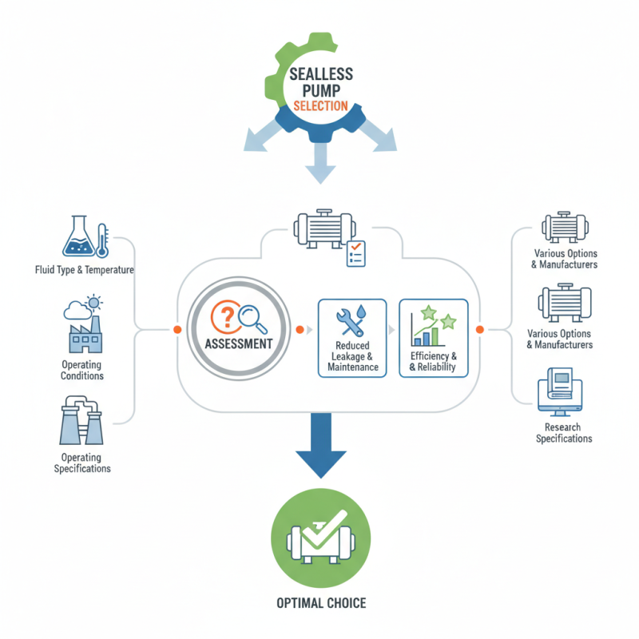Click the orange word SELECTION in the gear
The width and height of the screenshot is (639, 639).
(319, 106)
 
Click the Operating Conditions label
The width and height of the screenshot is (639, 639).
(81, 369)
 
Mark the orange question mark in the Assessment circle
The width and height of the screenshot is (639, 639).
(226, 317)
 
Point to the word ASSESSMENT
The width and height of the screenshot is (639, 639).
(238, 344)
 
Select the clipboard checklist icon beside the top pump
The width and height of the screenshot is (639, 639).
(355, 254)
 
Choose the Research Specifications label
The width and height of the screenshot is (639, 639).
(563, 433)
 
